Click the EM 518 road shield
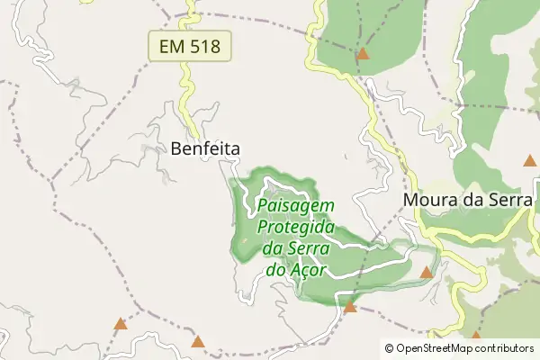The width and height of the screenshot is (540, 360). click(190, 45)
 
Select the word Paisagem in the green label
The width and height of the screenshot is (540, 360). click(295, 205)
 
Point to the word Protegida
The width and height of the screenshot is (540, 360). click(296, 227)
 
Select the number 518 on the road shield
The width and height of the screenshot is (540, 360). click(205, 45)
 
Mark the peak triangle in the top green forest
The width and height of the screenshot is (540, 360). click(363, 54)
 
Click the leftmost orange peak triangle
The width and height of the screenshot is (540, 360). click(120, 323)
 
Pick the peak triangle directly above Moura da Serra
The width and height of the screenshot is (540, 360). click(530, 161)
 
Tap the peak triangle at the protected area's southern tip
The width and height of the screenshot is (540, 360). click(350, 308)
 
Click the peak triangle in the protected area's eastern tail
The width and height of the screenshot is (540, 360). click(427, 272)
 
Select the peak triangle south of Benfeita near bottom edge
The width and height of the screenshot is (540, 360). click(198, 341)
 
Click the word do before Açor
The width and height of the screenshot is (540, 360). click(276, 269)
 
